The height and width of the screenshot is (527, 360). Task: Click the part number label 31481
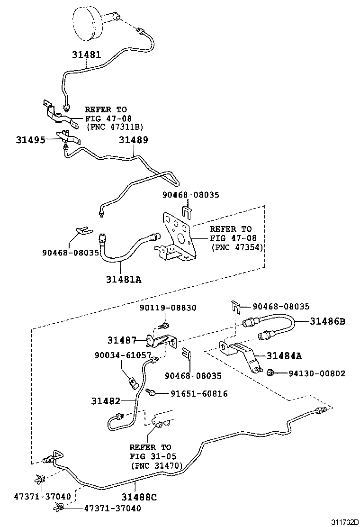[86, 55]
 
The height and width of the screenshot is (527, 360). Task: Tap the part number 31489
[134, 140]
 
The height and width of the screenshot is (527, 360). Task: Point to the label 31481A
[124, 279]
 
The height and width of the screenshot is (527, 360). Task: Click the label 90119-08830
[168, 308]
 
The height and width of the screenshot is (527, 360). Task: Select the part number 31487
[122, 340]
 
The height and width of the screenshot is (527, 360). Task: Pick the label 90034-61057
[122, 355]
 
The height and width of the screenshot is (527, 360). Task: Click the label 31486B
[328, 321]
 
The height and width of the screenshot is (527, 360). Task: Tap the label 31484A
[284, 355]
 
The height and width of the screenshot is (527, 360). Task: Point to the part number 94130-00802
[317, 373]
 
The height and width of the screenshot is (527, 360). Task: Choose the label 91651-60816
[199, 393]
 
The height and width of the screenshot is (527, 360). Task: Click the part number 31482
[106, 401]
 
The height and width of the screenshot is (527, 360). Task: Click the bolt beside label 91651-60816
[152, 392]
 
